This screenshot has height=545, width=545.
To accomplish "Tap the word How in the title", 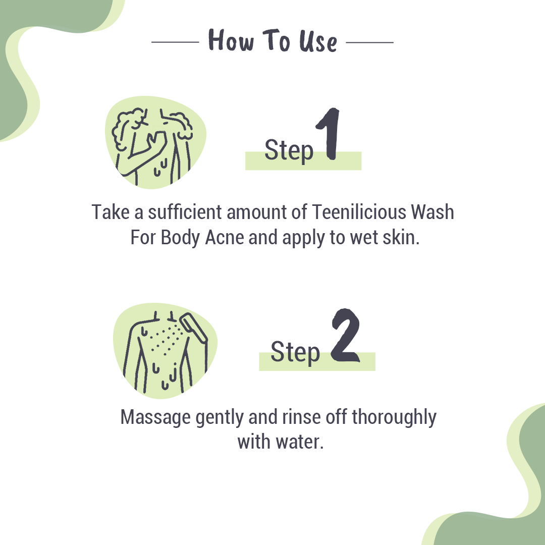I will tap(231, 40).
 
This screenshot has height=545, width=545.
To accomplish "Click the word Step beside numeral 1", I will tap(289, 150).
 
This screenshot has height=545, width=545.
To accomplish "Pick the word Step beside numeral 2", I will tap(295, 352).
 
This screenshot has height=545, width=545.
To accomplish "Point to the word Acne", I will tap(225, 238).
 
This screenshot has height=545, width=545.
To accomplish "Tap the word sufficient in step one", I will tap(185, 212).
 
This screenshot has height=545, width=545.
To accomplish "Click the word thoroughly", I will tap(394, 418).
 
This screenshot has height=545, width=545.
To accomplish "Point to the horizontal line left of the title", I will tap(175, 42).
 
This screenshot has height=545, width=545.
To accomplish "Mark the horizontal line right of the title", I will tap(370, 42).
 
